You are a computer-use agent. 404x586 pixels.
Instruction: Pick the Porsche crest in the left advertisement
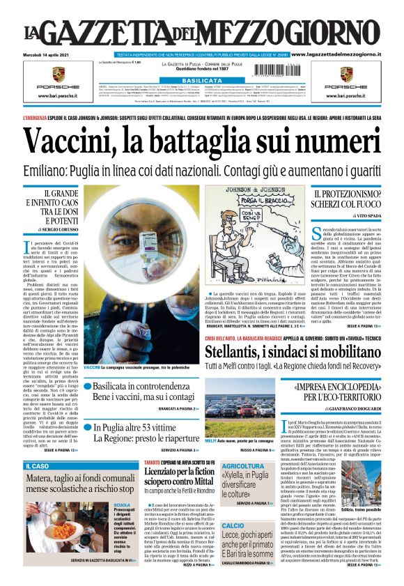pos(59,72)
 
